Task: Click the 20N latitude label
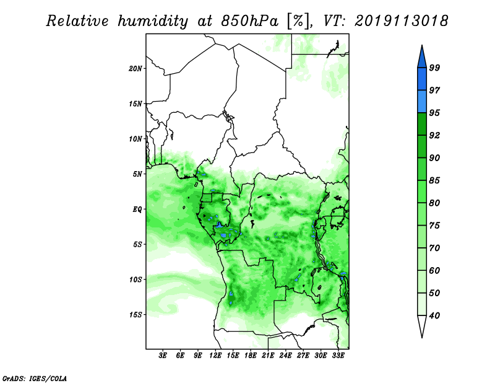coord(135,68)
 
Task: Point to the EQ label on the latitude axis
coord(137,209)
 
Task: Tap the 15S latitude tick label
coord(135,315)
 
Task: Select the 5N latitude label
coord(137,174)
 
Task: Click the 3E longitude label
coord(163,355)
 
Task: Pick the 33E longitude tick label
coord(338,355)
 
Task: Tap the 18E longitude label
coord(251,355)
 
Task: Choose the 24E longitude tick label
coord(285,355)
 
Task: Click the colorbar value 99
coord(434,68)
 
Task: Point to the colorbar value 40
coord(434,315)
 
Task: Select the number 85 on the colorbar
coord(434,180)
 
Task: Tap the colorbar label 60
coord(434,270)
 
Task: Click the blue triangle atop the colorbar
coord(422,58)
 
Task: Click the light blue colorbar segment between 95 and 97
coord(422,102)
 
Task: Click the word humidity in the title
coord(153,21)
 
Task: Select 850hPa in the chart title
coord(250,21)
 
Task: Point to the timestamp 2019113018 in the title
coord(401,21)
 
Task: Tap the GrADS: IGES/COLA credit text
coord(35,378)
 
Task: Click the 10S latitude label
coord(135,280)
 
